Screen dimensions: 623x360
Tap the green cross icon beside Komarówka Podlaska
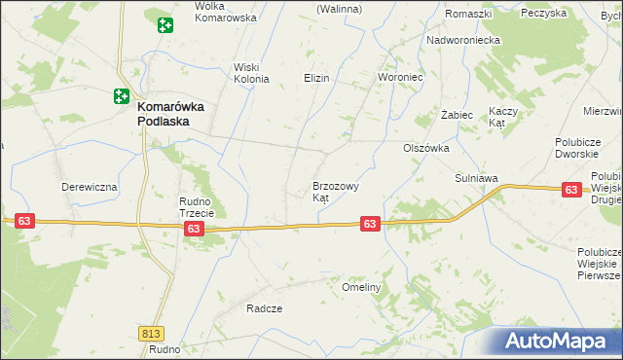coord(120,96)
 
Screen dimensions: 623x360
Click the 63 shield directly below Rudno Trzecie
coord(194,229)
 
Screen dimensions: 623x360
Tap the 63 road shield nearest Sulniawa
coord(571,191)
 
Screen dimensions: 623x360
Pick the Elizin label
coord(316,78)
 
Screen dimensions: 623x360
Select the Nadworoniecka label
coord(463,41)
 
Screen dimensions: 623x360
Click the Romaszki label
coord(465,14)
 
